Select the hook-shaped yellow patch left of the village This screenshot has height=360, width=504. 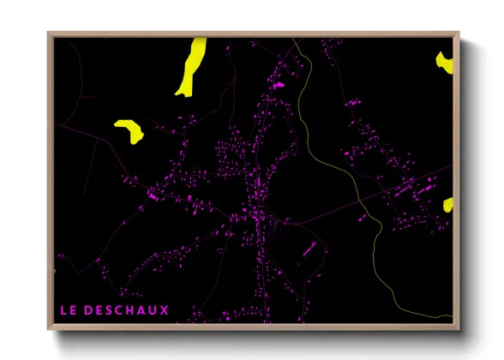pos(129,129)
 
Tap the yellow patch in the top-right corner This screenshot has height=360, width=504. pos(444,62)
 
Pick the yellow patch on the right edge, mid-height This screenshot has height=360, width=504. pos(448,205)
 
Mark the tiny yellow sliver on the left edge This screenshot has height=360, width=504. pos(54,272)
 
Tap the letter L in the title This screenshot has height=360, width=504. pos(62,309)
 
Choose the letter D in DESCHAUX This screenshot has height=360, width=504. pos(88,309)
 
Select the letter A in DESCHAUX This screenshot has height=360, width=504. pos(143,309)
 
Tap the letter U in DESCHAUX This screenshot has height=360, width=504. pos(154,309)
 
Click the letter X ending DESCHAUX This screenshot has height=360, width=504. pos(165,309)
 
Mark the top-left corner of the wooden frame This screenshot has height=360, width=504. pos(48,33)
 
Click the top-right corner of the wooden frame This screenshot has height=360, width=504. pos(459,33)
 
